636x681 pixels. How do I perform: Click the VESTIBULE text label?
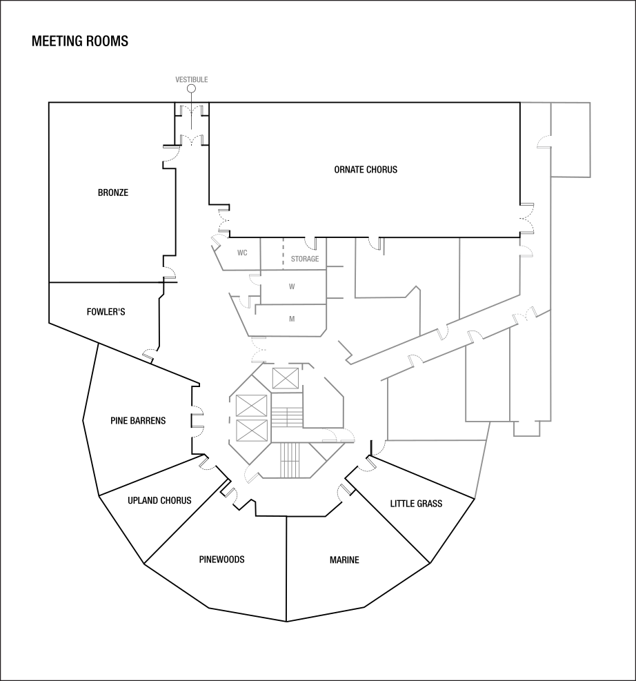click(191, 80)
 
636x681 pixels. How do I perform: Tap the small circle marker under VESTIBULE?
click(191, 88)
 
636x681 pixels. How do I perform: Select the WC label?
click(242, 253)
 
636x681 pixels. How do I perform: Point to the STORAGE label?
click(304, 259)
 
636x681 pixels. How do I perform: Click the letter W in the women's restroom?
click(292, 286)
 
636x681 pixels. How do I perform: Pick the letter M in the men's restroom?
click(292, 319)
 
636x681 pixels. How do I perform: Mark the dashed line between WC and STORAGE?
click(282, 253)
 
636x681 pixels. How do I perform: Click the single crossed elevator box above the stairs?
click(285, 378)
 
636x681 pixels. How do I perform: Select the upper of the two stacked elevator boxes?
click(251, 405)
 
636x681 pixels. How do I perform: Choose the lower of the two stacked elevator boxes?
click(251, 431)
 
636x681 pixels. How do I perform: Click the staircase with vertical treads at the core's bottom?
click(290, 460)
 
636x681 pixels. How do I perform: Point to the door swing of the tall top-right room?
click(544, 142)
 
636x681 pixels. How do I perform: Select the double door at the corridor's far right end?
click(524, 315)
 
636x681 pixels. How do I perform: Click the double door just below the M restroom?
click(259, 351)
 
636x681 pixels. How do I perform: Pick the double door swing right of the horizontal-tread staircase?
click(338, 434)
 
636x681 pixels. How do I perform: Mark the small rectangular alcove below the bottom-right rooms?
click(526, 428)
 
